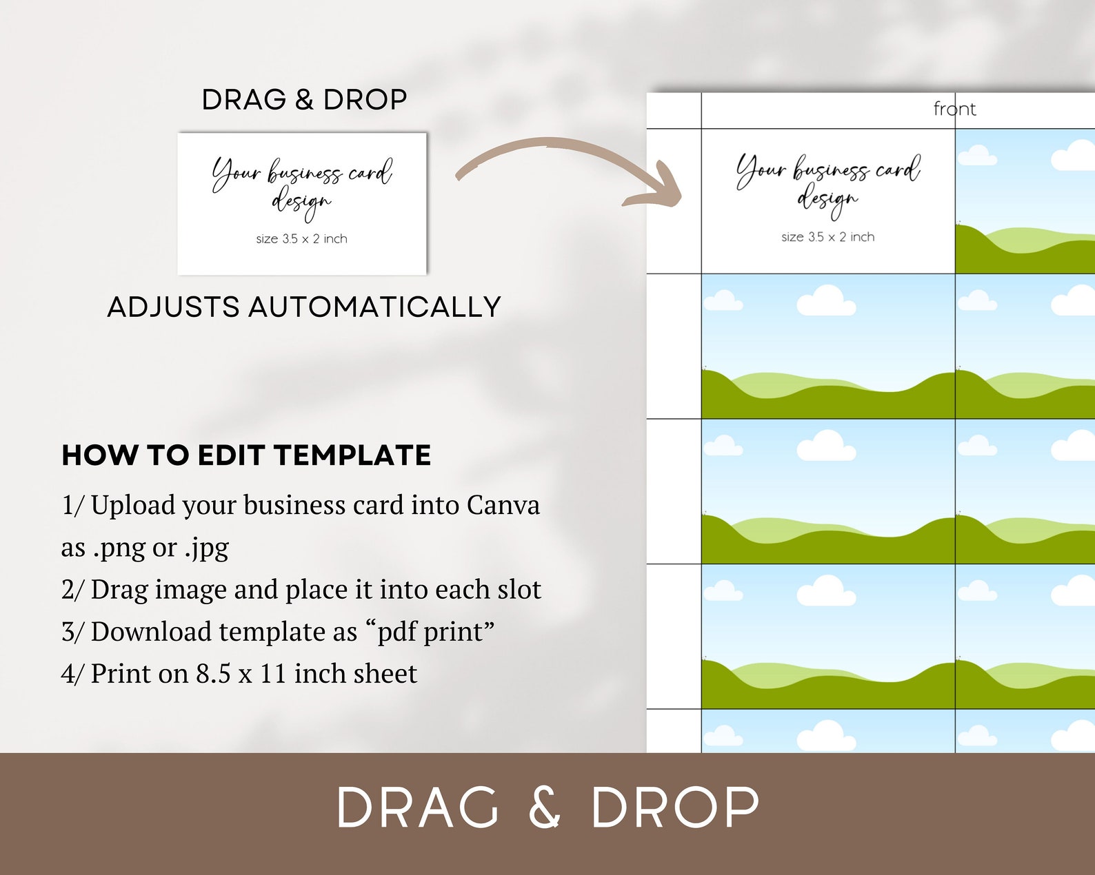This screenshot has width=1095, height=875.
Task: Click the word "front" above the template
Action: click(x=954, y=109)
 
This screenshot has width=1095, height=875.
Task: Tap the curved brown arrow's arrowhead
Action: click(x=659, y=188)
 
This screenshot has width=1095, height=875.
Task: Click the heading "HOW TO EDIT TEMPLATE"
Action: click(x=246, y=455)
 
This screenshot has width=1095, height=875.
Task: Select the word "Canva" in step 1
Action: click(x=503, y=506)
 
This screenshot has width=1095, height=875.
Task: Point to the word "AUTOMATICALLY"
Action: click(x=374, y=307)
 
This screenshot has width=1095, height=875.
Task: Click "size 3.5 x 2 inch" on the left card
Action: click(x=302, y=238)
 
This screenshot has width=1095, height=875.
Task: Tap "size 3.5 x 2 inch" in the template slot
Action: click(x=828, y=236)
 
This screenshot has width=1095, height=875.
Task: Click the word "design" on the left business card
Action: click(x=301, y=203)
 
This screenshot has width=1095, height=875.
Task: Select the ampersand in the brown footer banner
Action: click(x=545, y=807)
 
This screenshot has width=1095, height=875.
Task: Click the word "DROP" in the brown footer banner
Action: click(x=675, y=807)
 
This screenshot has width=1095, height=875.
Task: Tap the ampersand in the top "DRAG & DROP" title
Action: click(x=304, y=100)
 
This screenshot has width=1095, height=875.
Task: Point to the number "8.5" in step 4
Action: click(x=213, y=674)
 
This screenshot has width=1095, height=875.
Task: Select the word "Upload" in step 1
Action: click(x=133, y=506)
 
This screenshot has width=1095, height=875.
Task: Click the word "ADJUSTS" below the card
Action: click(x=173, y=307)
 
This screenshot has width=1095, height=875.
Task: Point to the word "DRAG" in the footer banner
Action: click(x=417, y=807)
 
